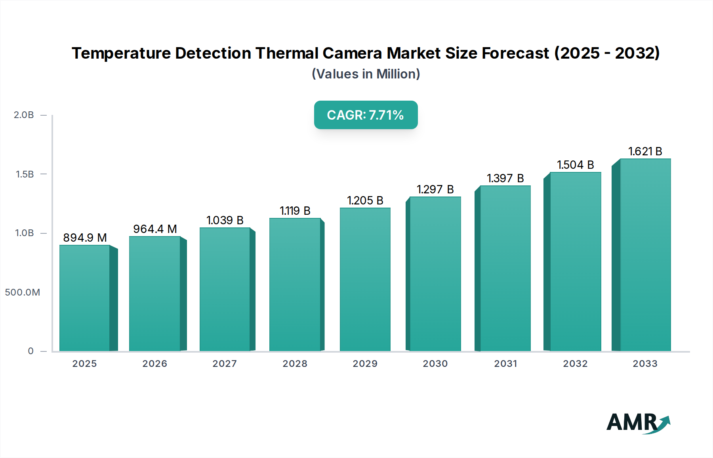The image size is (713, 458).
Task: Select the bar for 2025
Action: (84, 298)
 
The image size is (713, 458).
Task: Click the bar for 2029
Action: (365, 279)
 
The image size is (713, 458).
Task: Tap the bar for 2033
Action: (645, 255)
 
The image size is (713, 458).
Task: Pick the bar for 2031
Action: (505, 268)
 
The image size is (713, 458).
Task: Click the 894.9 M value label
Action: (85, 238)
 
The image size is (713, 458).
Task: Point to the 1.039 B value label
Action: (225, 220)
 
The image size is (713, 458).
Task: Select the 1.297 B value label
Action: (435, 189)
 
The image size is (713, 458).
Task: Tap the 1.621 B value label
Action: (645, 151)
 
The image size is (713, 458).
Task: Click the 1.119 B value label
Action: (295, 211)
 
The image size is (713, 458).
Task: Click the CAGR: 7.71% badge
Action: (366, 115)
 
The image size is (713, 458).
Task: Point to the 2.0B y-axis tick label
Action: (24, 115)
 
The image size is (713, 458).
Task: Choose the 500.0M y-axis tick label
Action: (23, 292)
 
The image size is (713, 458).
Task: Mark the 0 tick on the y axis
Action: (31, 351)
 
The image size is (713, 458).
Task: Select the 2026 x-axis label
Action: (154, 364)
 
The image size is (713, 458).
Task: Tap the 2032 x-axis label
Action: (575, 364)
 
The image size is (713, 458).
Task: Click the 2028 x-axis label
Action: (295, 364)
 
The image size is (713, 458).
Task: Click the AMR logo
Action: (638, 423)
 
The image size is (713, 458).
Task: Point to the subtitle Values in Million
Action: (366, 74)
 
